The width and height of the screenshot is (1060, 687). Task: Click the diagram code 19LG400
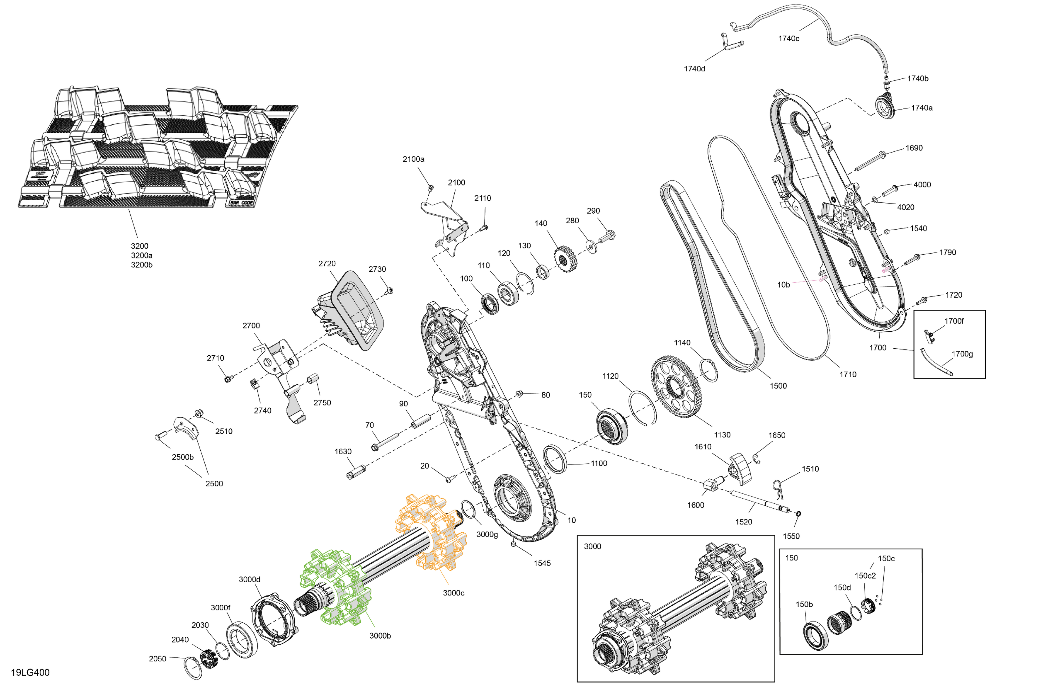tap(30, 672)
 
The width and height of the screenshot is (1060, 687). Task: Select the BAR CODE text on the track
tap(241, 203)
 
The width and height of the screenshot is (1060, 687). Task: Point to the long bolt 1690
tap(872, 162)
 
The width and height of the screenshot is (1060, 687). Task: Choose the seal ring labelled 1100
tap(555, 458)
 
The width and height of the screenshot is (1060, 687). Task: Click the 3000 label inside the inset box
tap(592, 546)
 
